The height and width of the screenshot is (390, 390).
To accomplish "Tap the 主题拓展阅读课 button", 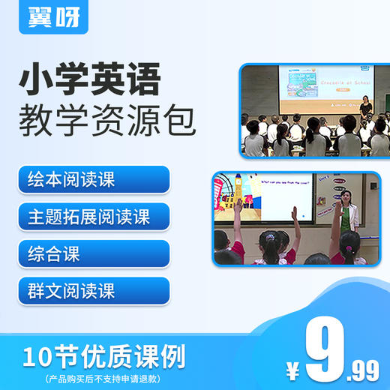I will pyautogui.click(x=94, y=217).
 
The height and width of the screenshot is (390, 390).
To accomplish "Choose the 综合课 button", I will pyautogui.click(x=94, y=253).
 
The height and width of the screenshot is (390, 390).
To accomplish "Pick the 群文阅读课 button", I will pyautogui.click(x=94, y=290).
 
